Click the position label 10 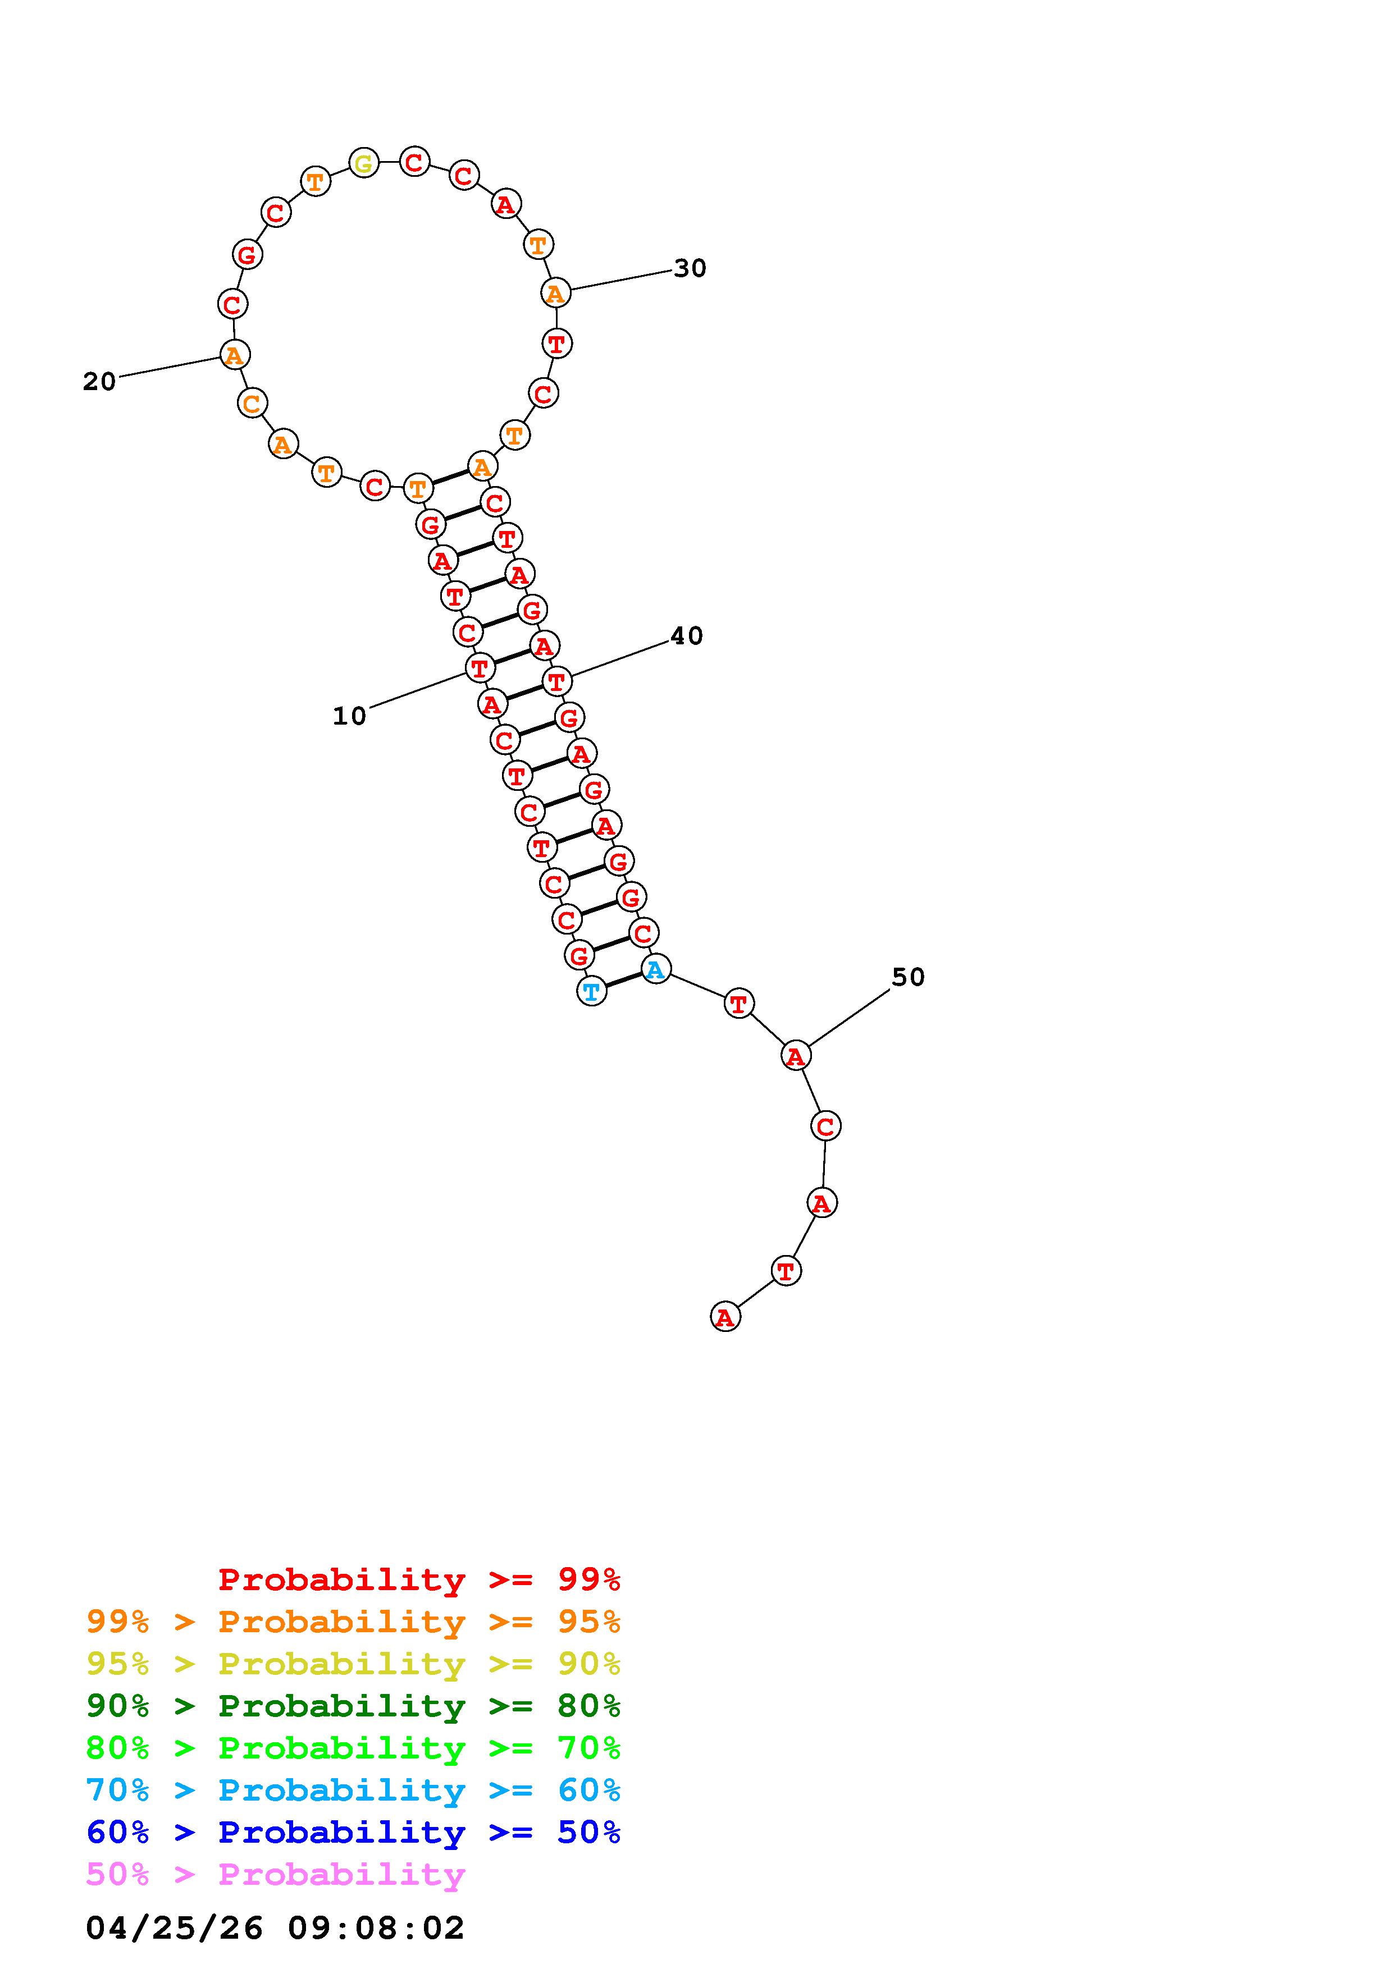(x=349, y=716)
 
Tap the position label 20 (x=99, y=382)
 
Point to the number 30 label (x=690, y=268)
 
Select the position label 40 (x=686, y=637)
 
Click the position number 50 (x=909, y=978)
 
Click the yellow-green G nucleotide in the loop (x=364, y=163)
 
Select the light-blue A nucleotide (x=655, y=970)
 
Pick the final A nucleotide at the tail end (x=725, y=1316)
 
